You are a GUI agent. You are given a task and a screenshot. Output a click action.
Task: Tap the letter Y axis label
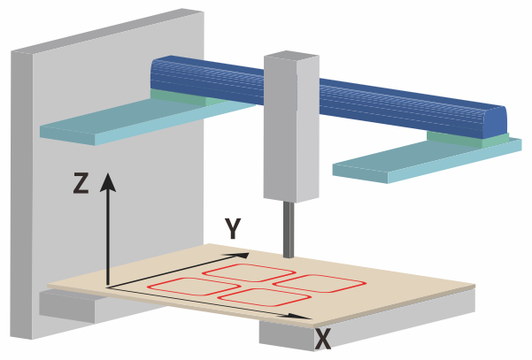233,230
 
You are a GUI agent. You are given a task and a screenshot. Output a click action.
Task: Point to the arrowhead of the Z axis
108,181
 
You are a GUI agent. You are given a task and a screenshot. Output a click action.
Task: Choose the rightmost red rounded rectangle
319,281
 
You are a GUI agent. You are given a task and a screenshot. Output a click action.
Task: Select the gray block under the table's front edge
292,332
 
